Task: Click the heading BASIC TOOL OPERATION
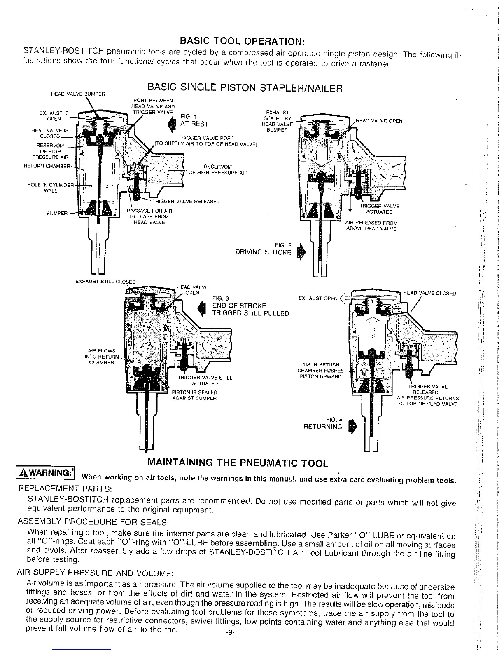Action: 243,41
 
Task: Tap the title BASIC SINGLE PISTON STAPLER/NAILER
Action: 245,88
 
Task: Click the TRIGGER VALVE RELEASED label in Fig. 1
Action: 186,202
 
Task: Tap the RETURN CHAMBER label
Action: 47,167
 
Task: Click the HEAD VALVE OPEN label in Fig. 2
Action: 378,121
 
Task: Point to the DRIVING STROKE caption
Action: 263,252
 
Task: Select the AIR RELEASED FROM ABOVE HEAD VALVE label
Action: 371,225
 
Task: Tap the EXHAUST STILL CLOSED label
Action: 105,282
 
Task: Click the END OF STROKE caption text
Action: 242,305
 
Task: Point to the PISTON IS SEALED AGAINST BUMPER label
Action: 194,395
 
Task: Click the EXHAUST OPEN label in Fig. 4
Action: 318,298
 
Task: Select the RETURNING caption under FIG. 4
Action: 322,427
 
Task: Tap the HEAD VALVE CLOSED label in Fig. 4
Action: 429,294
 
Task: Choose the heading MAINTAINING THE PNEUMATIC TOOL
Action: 238,463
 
